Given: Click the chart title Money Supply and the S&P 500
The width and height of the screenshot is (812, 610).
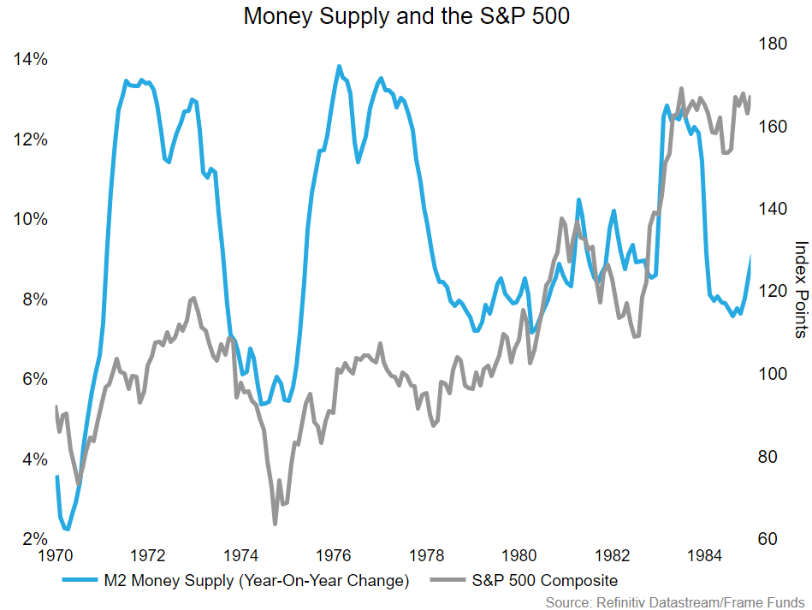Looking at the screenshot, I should [x=406, y=16].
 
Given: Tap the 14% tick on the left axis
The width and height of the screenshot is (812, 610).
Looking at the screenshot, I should [x=30, y=60].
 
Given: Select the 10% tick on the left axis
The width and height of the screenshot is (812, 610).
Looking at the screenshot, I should [x=30, y=220].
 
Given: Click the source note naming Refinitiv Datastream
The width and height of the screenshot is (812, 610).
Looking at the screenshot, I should [x=675, y=601].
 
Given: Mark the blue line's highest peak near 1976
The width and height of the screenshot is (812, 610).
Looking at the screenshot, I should [x=339, y=66].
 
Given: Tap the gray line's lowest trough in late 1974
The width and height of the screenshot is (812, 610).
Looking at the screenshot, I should [x=275, y=523].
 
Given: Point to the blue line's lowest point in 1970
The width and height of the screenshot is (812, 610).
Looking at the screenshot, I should [x=67, y=530].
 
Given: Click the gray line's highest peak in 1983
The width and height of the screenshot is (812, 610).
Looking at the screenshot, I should [x=681, y=88].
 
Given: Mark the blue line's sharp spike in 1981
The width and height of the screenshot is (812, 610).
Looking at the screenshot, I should [x=578, y=199].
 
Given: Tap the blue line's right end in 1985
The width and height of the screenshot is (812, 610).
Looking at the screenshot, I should [x=751, y=258].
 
